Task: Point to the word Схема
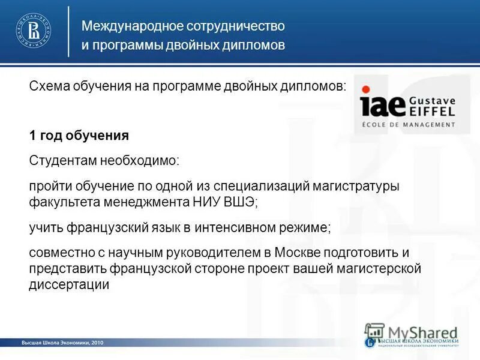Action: pos(46,86)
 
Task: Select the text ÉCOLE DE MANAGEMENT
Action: pos(407,124)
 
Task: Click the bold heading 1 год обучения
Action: pos(79,136)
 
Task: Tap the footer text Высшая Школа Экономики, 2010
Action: pos(63,343)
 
